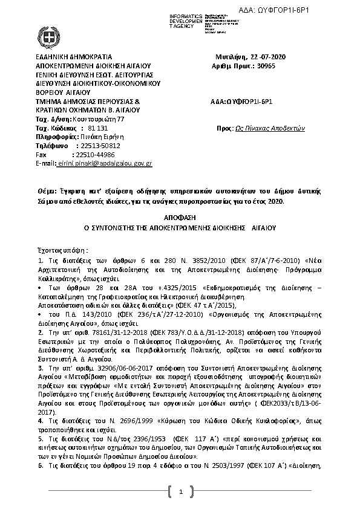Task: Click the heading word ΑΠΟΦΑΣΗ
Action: (x=180, y=216)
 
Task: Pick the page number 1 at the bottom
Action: (x=180, y=493)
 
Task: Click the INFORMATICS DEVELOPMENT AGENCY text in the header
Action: (x=183, y=20)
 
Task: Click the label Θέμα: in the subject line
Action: (x=47, y=190)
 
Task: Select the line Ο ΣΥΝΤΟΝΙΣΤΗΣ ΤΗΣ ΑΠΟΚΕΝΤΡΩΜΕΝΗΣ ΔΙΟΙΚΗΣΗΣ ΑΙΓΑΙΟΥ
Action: (x=179, y=229)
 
